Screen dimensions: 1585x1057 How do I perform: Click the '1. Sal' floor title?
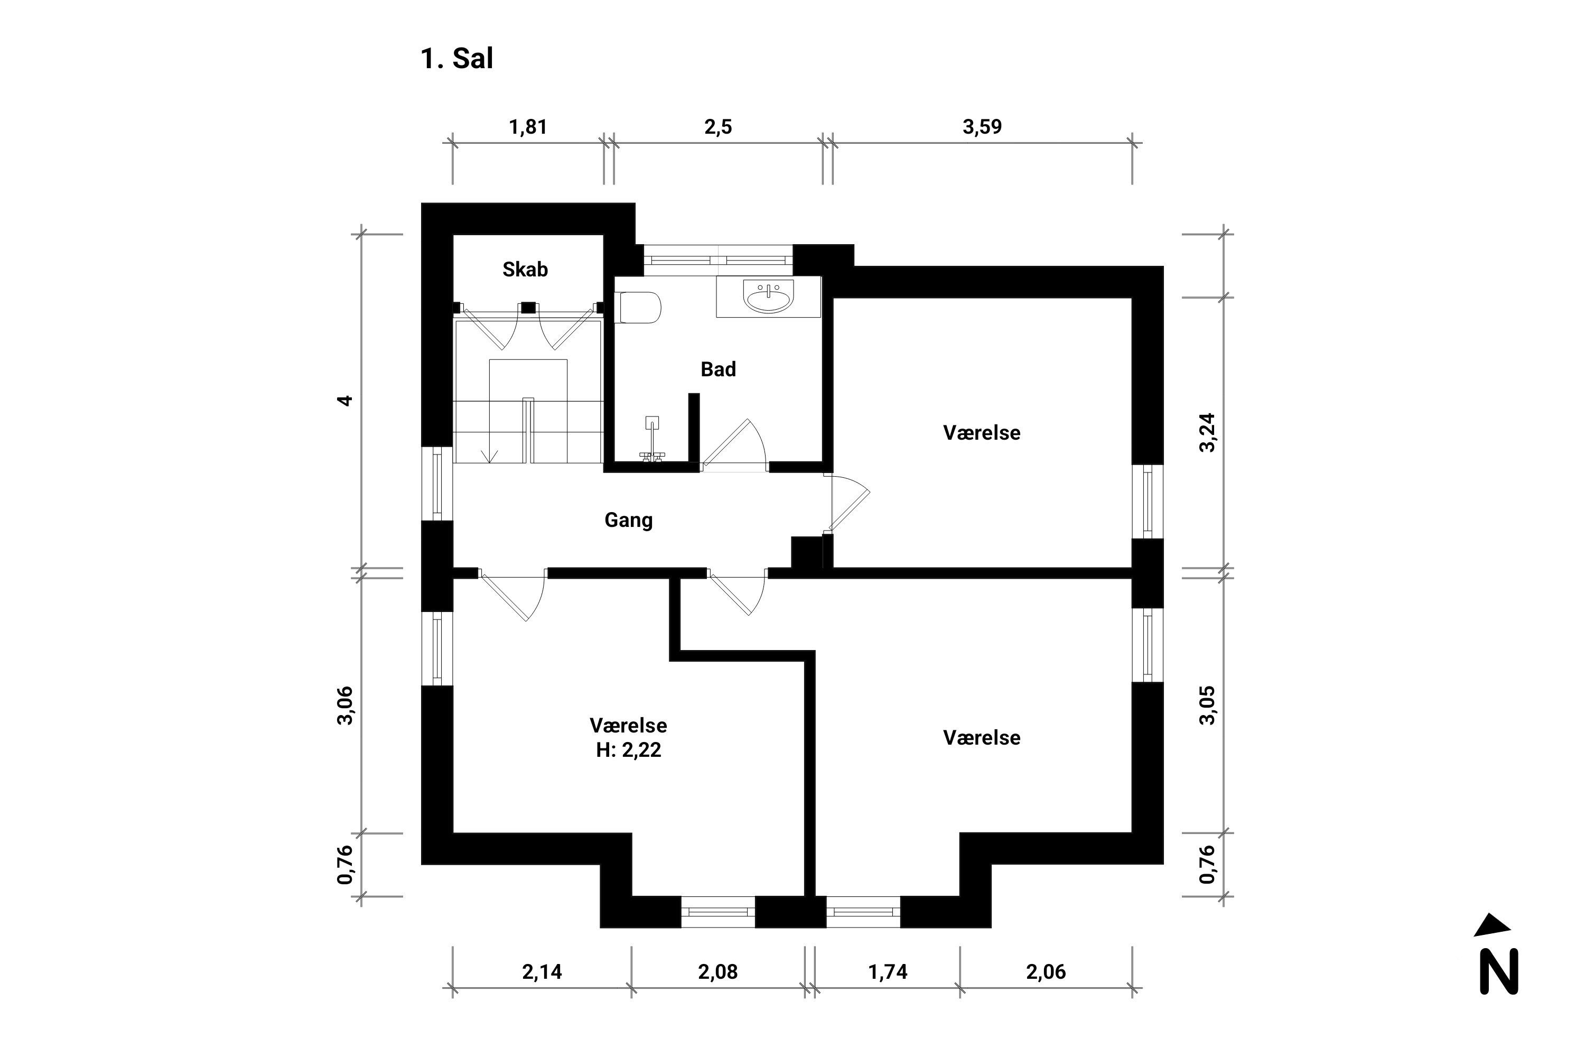click(x=456, y=59)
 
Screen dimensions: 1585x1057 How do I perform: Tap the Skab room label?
click(x=525, y=270)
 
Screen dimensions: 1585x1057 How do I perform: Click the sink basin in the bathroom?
click(x=768, y=296)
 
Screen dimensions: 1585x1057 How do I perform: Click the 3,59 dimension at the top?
click(x=982, y=127)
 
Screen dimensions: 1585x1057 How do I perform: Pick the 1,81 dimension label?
click(x=528, y=127)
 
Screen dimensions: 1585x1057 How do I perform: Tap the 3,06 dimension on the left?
click(x=344, y=705)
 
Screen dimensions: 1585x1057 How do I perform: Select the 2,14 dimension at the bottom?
click(x=542, y=972)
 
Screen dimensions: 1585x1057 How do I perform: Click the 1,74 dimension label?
click(x=888, y=972)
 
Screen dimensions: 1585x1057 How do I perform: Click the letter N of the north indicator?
click(x=1499, y=971)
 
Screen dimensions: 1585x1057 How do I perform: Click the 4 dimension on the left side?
click(x=344, y=401)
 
